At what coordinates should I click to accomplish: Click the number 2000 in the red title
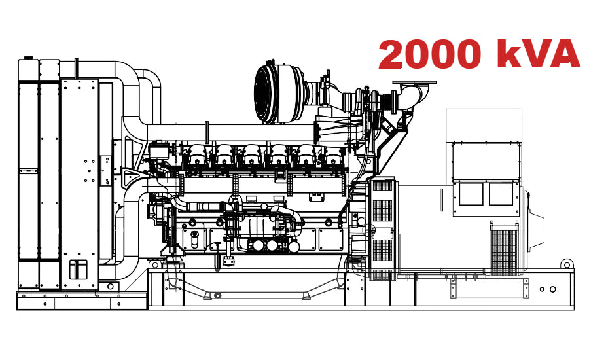coord(432,54)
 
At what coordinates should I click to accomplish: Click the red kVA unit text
coord(538,54)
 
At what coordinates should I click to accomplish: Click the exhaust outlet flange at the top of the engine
coord(414,84)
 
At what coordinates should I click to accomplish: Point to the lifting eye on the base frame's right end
coord(566,264)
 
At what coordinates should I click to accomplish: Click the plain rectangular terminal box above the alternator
coord(484,124)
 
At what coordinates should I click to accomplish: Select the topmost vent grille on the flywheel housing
coord(382,186)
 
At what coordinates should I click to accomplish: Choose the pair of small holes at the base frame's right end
coord(548,289)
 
